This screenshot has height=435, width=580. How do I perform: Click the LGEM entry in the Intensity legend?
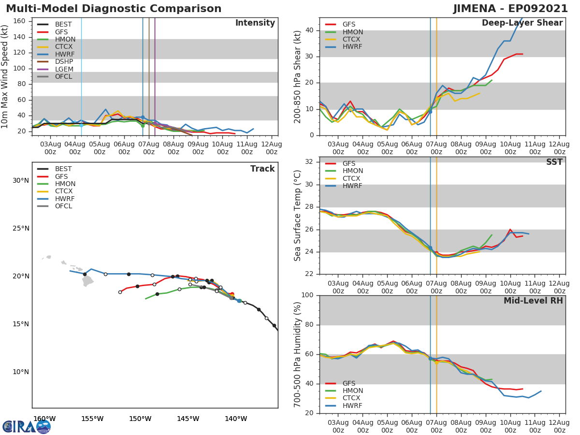(64, 69)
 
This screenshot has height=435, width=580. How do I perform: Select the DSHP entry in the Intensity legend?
(64, 61)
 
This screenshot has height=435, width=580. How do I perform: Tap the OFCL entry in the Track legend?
(63, 206)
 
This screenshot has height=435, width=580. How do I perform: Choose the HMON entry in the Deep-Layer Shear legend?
(352, 32)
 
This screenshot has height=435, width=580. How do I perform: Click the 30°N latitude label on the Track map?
(20, 181)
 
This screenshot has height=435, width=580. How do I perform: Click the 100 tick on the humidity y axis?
(309, 295)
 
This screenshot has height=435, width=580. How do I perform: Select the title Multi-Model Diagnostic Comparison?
(114, 9)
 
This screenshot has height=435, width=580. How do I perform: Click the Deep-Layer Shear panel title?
(522, 23)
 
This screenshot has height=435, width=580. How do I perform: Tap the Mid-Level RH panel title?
(533, 301)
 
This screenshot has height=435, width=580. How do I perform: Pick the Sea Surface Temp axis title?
(298, 216)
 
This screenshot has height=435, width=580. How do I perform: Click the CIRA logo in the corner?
(27, 426)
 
